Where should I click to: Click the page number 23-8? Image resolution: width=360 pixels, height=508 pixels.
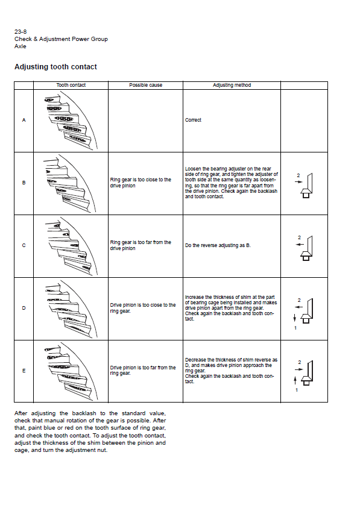tap(21, 32)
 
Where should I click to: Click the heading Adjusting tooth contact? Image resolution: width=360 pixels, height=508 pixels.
tap(55, 67)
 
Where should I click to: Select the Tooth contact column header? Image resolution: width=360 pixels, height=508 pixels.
tap(71, 85)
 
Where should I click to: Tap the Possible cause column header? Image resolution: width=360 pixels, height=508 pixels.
tap(145, 85)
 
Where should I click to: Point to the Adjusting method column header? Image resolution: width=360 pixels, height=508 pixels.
tap(232, 85)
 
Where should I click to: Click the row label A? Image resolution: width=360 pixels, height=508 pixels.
tap(24, 120)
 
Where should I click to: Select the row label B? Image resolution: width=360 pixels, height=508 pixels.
tap(24, 183)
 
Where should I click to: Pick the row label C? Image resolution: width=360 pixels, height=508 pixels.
tap(24, 245)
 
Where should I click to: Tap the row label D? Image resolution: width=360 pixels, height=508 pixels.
tap(24, 308)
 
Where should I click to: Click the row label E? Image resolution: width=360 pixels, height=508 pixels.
tap(24, 371)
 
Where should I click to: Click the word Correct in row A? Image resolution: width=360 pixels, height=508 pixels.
tap(193, 120)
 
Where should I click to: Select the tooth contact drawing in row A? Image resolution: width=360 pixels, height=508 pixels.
tap(71, 120)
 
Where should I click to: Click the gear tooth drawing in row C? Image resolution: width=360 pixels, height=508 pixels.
tap(71, 246)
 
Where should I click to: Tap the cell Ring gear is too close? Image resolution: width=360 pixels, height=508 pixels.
tap(141, 183)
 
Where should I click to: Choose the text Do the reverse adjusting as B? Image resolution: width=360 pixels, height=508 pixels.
tap(218, 246)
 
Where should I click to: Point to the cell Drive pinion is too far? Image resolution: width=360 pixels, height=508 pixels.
tap(143, 371)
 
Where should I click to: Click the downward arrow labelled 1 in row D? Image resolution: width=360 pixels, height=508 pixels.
tap(294, 318)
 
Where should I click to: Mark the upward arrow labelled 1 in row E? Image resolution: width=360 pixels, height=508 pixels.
tap(295, 380)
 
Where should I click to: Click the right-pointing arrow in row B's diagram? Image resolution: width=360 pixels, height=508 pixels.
tap(298, 182)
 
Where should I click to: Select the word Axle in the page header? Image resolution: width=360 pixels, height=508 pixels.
tap(20, 46)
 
